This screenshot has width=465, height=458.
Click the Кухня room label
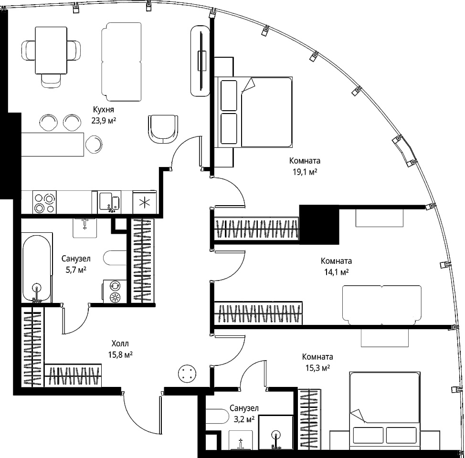104,110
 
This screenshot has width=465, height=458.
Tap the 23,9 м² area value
104,121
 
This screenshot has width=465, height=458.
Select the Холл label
120,343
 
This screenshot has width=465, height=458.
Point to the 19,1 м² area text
305,172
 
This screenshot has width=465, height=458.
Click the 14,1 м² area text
336,272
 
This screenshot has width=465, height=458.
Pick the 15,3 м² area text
318,368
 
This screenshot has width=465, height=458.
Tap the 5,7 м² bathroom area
76,270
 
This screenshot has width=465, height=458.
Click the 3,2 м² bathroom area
244,419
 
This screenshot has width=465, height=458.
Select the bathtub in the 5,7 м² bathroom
37,267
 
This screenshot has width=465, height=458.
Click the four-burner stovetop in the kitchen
45,202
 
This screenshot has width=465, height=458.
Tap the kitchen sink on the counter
109,202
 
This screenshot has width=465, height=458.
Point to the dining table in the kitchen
51,51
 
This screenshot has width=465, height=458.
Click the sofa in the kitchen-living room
121,62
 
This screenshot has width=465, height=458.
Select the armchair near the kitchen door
163,129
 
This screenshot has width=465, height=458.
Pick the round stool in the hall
187,374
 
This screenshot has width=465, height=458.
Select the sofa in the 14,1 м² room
382,305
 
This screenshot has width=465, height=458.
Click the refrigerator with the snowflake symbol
145,202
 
